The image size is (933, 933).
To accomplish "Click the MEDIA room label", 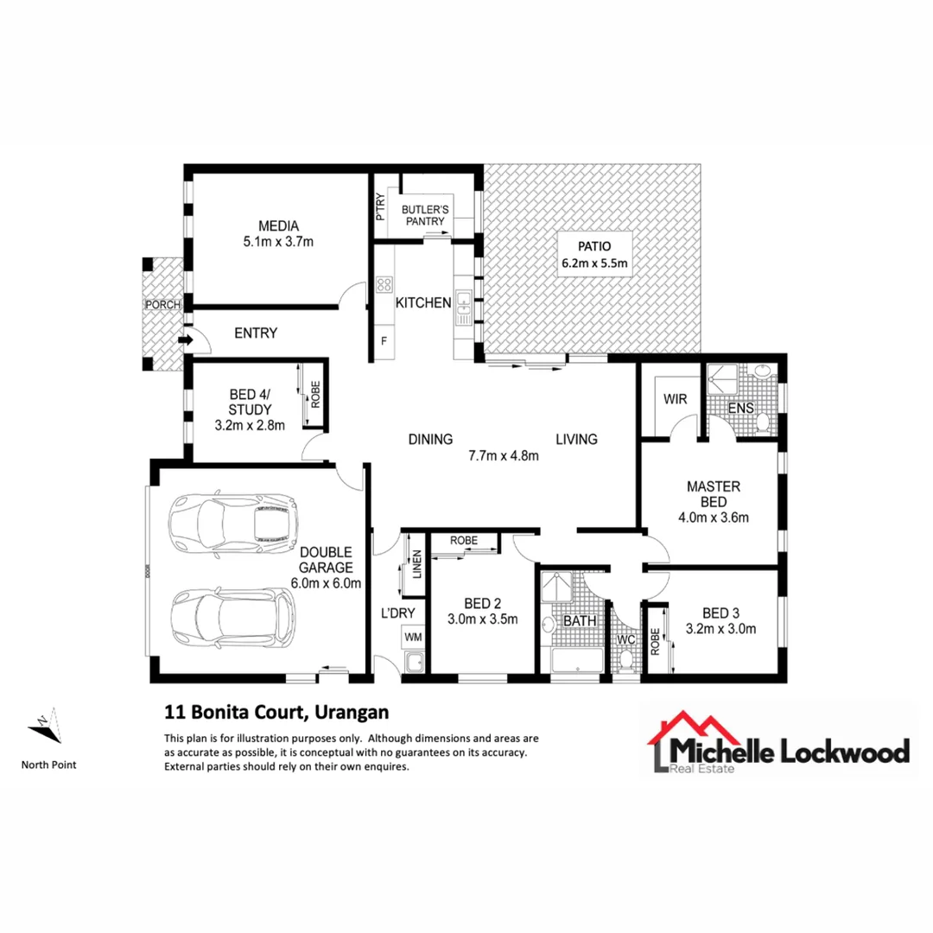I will pos(279,226).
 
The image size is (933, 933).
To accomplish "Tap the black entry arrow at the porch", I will pos(185,340).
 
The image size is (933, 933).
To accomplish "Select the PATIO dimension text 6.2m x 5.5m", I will pos(595,263).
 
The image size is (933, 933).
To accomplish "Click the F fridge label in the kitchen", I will pos(384,341).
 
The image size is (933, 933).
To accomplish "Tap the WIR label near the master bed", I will pos(675,400).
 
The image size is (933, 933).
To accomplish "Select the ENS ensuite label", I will pos(741,407).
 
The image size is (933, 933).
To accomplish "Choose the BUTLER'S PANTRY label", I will pos(423,215).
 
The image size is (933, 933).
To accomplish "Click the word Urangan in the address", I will pos(353,713).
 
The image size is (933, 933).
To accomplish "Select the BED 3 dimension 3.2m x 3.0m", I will pos(720,629).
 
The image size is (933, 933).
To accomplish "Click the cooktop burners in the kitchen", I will pos(384,284).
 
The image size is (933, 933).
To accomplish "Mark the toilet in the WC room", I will pos(625,660).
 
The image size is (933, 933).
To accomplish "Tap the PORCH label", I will pos(162,304).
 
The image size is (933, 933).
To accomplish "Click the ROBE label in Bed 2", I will pos(464,540).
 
